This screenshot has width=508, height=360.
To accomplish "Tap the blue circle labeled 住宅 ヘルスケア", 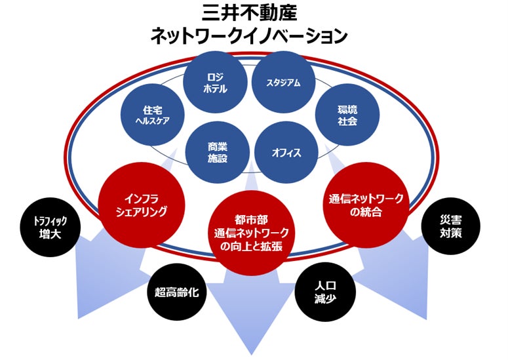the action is click(x=152, y=115).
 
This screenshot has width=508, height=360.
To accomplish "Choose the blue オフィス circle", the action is click(x=286, y=153).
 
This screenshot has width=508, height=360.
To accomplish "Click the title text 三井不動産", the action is click(x=252, y=14).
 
